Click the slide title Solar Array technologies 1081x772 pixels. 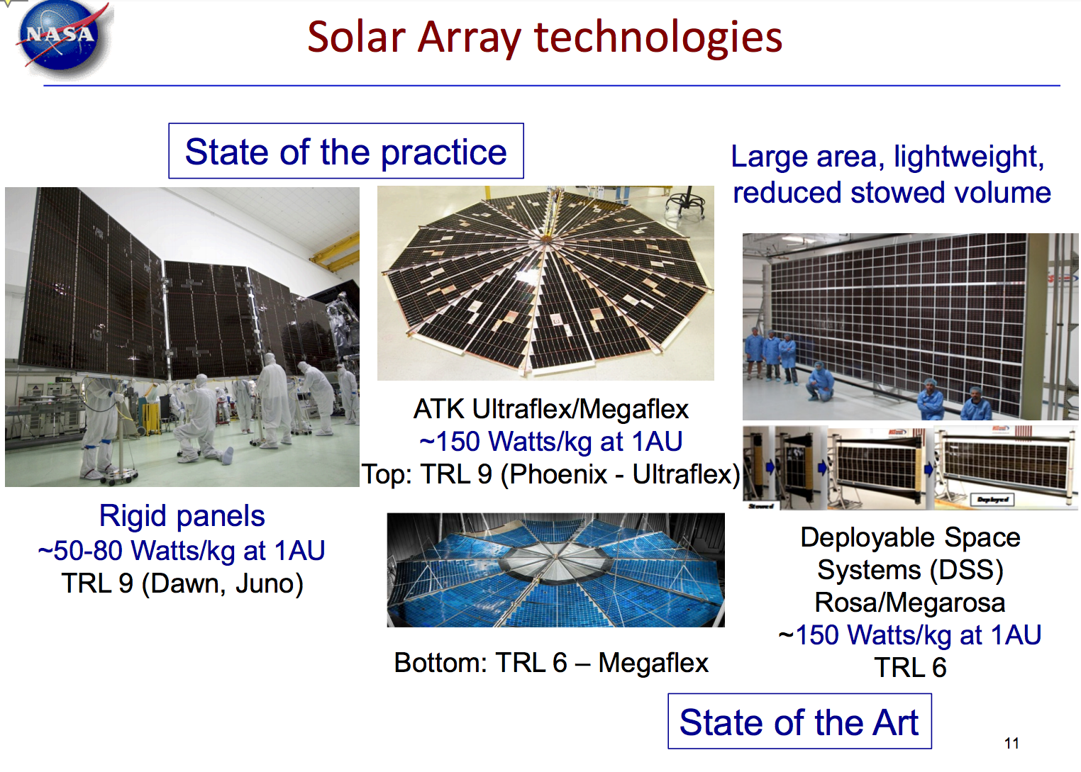[x=544, y=37]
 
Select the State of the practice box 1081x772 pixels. [x=345, y=152]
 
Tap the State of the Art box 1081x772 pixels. [x=799, y=722]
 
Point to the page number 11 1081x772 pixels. [x=1011, y=743]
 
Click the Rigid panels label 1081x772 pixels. [x=182, y=515]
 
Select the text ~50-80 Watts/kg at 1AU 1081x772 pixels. [x=182, y=550]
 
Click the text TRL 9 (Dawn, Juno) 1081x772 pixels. [x=182, y=583]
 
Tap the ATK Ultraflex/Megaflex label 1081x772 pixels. [x=550, y=409]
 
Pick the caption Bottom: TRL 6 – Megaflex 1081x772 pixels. [x=550, y=663]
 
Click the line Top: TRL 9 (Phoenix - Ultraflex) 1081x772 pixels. [x=550, y=474]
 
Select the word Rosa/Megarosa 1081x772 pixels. [x=909, y=603]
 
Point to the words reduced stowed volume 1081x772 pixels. [x=891, y=192]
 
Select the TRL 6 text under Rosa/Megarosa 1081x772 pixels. [x=909, y=668]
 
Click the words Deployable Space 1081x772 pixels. [x=909, y=537]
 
